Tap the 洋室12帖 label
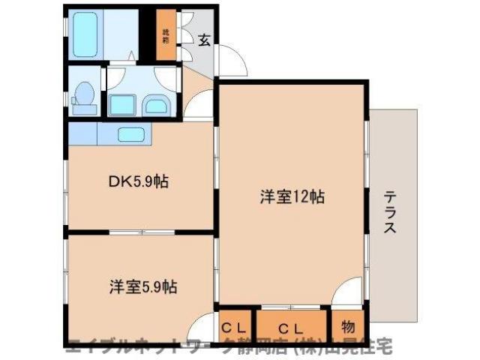tap(292, 197)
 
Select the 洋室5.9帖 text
tap(144, 286)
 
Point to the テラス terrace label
tap(390, 212)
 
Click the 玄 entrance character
tap(204, 40)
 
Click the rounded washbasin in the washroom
tap(155, 105)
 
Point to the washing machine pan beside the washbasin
tap(121, 104)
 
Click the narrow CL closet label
tap(235, 327)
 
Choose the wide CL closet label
tap(292, 327)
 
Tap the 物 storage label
tap(348, 327)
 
